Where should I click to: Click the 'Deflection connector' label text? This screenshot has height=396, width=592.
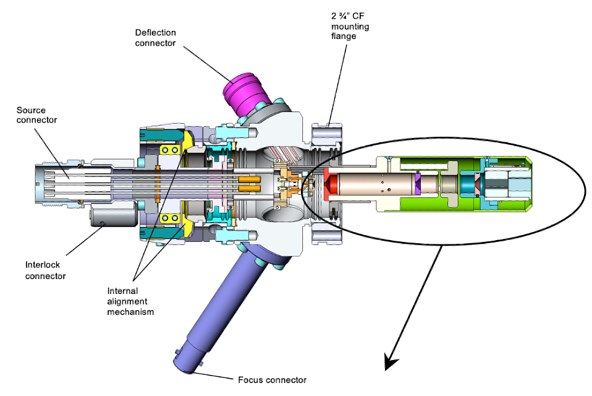pyautogui.click(x=155, y=38)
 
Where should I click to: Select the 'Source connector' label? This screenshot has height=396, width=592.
pyautogui.click(x=36, y=115)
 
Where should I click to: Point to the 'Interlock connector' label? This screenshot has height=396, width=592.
pyautogui.click(x=45, y=270)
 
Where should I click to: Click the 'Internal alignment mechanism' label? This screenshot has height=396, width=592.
pyautogui.click(x=130, y=301)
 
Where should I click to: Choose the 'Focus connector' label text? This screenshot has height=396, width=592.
pyautogui.click(x=273, y=380)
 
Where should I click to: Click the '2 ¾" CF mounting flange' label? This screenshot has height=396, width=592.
pyautogui.click(x=350, y=26)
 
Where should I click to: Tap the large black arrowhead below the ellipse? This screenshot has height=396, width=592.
pyautogui.click(x=391, y=361)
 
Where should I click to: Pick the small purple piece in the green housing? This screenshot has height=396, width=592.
pyautogui.click(x=418, y=184)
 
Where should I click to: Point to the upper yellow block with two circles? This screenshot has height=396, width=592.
pyautogui.click(x=169, y=150)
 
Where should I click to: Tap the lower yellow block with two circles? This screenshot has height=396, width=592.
pyautogui.click(x=169, y=218)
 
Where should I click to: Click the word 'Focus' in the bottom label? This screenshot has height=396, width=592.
pyautogui.click(x=249, y=380)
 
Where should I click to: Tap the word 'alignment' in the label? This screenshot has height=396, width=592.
pyautogui.click(x=127, y=301)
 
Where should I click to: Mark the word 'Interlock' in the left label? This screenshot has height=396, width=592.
pyautogui.click(x=42, y=265)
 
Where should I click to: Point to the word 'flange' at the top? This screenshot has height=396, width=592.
pyautogui.click(x=344, y=37)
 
